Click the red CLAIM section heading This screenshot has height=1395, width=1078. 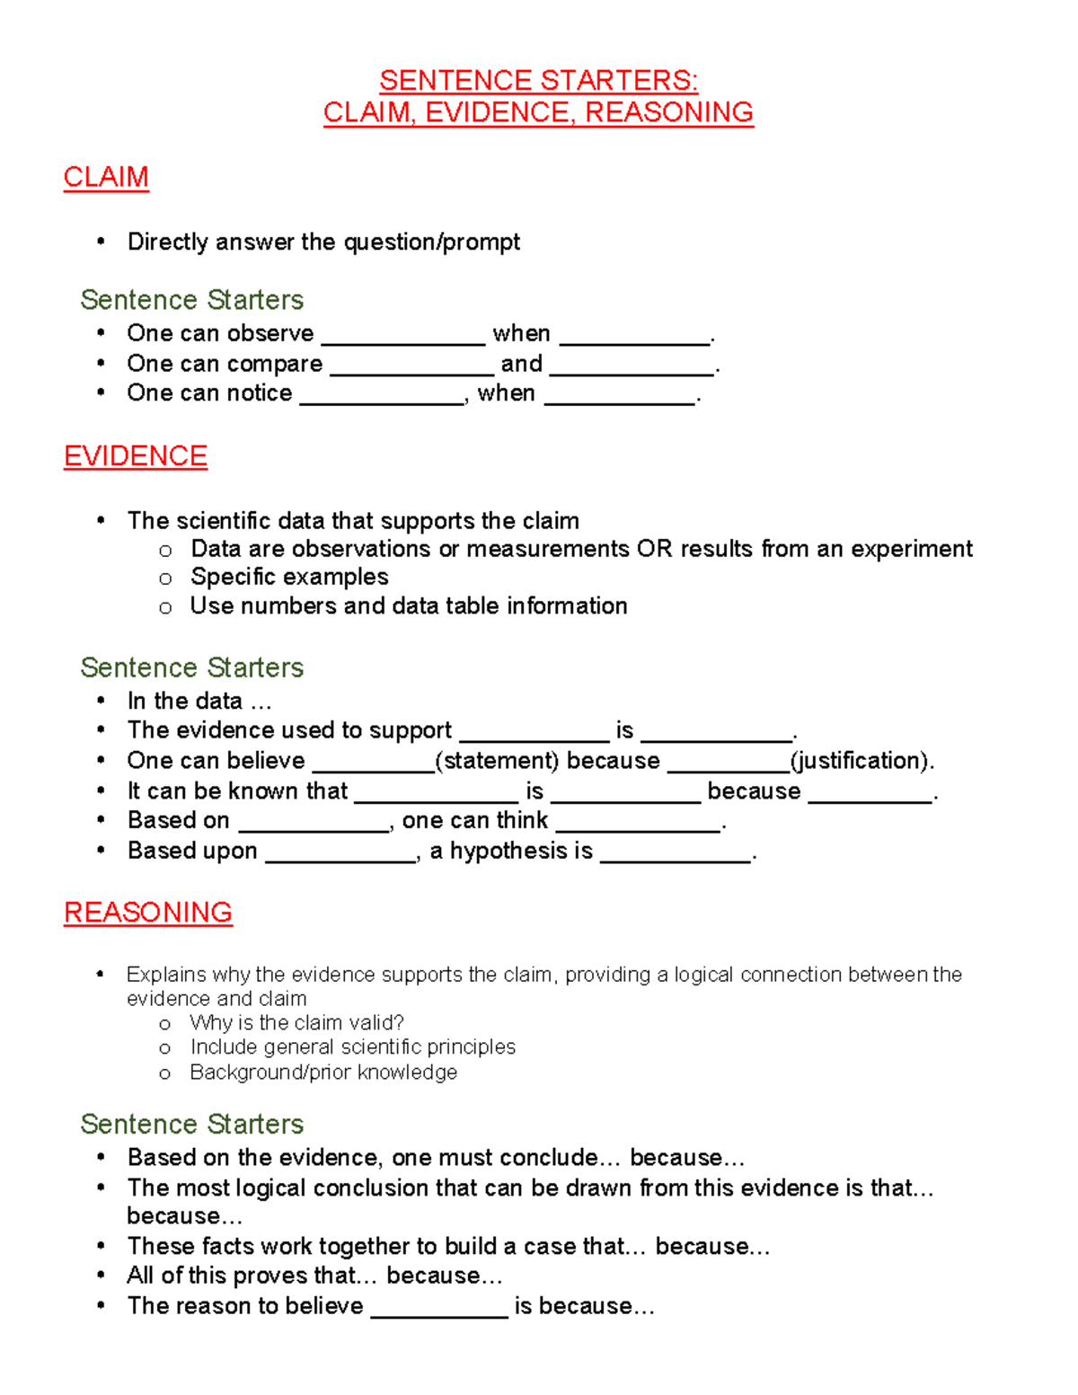(x=106, y=177)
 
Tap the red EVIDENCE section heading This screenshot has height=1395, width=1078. (x=136, y=456)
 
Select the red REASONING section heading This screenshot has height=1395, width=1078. (x=148, y=913)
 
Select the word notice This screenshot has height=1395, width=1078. (x=260, y=393)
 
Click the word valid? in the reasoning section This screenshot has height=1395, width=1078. (x=376, y=1023)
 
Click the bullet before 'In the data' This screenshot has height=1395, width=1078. (x=102, y=701)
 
